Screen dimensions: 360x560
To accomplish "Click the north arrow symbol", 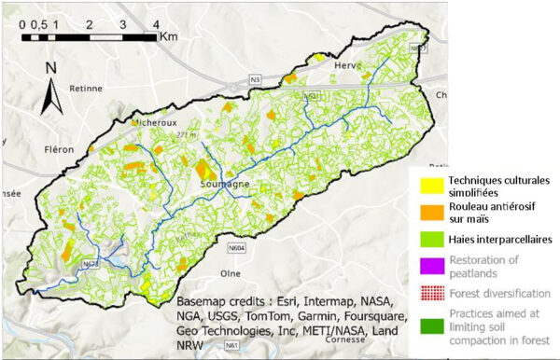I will [x=54, y=82].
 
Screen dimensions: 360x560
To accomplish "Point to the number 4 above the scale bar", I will [x=153, y=22].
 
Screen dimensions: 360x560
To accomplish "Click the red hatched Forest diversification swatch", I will [x=428, y=293].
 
